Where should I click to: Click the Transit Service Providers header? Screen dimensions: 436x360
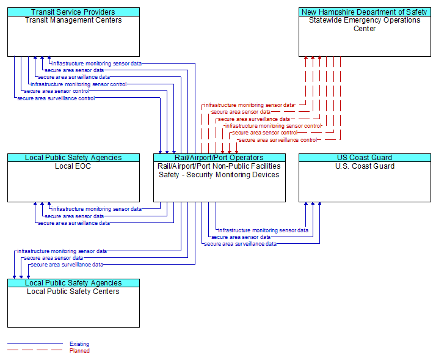(73, 12)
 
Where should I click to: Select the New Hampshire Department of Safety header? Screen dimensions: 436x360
(365, 12)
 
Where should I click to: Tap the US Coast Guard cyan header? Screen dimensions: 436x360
(365, 158)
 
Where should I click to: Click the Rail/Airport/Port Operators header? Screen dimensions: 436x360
(219, 158)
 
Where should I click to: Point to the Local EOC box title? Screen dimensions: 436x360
(73, 166)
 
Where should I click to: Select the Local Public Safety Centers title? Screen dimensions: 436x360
(73, 292)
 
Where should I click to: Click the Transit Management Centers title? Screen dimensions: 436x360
(73, 20)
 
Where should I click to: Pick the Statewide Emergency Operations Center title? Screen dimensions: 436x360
(365, 24)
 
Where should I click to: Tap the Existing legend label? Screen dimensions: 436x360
(79, 344)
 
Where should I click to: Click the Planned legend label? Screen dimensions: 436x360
(79, 351)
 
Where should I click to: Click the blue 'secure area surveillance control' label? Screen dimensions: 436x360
(56, 98)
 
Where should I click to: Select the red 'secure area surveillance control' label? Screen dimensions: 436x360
(278, 140)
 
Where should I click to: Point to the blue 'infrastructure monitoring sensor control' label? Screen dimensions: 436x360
(79, 84)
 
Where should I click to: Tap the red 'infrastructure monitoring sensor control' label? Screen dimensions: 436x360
(274, 126)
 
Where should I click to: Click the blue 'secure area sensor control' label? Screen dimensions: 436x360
(57, 91)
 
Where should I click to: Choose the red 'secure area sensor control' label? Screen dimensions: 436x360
(265, 133)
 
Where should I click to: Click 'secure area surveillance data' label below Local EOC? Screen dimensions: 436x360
(74, 223)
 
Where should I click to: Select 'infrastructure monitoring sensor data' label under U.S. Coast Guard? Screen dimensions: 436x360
(263, 230)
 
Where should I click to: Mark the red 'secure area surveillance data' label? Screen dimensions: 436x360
(254, 119)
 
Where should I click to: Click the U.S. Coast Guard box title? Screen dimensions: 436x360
(365, 166)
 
